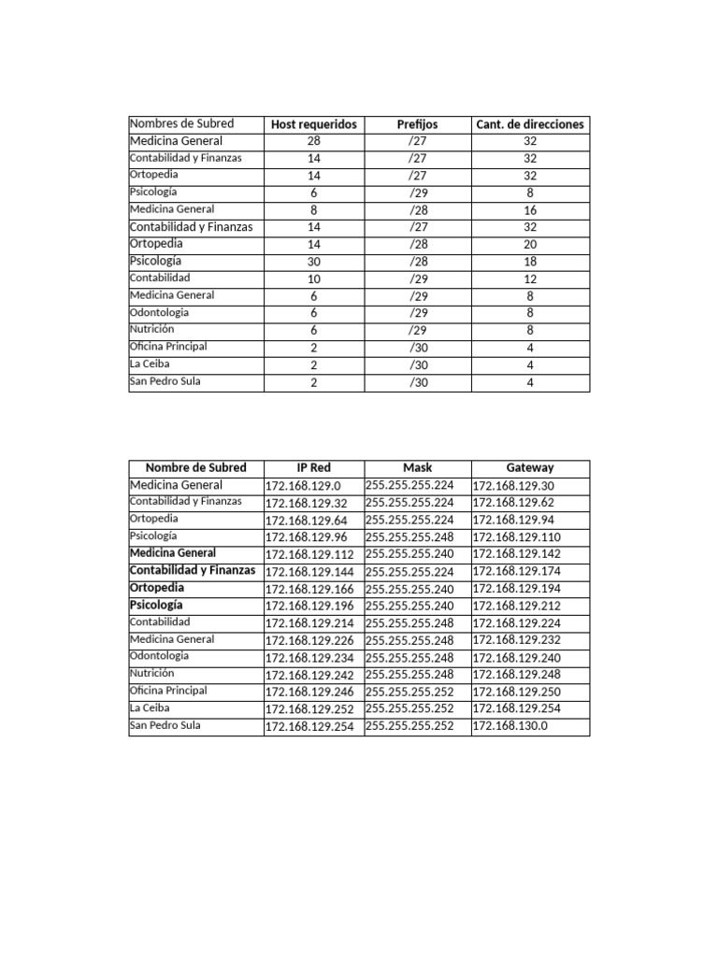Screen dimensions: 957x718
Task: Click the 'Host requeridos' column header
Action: tap(313, 124)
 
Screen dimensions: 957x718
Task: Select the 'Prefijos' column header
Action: tap(417, 124)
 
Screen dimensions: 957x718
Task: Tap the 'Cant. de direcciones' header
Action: tap(530, 124)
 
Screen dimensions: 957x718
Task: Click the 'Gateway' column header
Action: tap(530, 467)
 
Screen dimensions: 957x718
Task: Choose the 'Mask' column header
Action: tap(417, 467)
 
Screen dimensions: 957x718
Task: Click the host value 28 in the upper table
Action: tap(313, 141)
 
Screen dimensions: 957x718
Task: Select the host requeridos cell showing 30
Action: tap(313, 262)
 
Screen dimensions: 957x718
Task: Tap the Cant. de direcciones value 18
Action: tap(530, 262)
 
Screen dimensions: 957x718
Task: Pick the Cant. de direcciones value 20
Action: tap(530, 244)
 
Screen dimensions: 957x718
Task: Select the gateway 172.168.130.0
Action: tap(510, 725)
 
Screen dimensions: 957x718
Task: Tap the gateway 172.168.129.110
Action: tap(516, 537)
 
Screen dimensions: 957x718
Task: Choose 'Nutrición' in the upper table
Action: tap(151, 329)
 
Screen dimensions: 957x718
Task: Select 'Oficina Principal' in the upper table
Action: tap(168, 347)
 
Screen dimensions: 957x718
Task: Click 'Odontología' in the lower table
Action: tap(159, 656)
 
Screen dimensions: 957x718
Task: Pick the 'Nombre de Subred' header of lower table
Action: tap(196, 467)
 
